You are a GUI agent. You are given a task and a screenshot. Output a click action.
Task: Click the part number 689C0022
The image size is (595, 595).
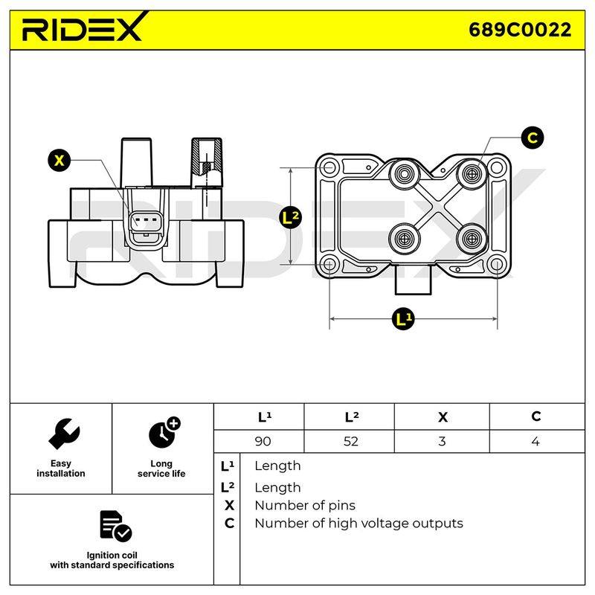(520, 30)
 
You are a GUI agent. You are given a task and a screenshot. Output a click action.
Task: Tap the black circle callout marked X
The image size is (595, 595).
(59, 161)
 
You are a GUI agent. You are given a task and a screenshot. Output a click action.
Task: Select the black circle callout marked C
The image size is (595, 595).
(533, 138)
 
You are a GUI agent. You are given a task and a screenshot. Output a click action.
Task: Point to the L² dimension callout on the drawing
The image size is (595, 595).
(290, 217)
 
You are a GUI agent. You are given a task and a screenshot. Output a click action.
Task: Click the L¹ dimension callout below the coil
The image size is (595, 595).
(403, 319)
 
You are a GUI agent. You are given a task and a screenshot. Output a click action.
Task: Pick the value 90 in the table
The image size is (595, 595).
(263, 441)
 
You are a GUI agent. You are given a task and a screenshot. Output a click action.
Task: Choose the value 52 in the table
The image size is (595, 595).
(350, 441)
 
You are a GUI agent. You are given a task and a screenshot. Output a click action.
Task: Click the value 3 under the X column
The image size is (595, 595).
(442, 441)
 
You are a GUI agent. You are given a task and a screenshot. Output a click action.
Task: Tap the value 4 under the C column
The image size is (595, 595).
(535, 441)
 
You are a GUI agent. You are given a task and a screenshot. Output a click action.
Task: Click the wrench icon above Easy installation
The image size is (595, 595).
(64, 434)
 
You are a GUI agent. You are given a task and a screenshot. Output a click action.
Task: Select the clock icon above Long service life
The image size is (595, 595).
(164, 433)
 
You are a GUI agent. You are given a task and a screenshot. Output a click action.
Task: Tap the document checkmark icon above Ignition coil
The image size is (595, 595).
(115, 526)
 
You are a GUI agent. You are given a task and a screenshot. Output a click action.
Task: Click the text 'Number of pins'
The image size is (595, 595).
(305, 506)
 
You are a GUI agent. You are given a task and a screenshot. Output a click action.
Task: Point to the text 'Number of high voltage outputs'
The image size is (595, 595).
(359, 524)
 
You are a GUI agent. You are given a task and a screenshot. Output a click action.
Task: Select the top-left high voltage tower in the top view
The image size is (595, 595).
(404, 174)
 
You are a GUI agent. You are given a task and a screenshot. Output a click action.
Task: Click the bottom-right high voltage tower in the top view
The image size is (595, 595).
(472, 239)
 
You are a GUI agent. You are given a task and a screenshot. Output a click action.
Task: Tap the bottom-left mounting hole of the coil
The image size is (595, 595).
(329, 264)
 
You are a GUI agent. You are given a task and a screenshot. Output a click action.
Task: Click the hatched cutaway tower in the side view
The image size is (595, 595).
(207, 161)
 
